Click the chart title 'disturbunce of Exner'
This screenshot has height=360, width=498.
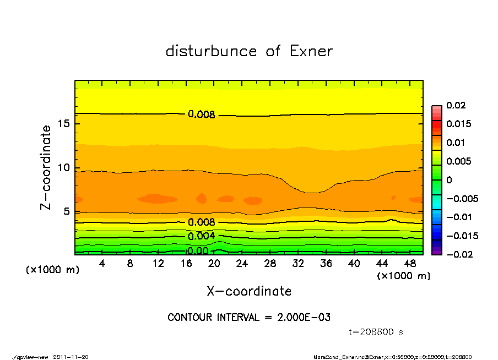[x=249, y=51]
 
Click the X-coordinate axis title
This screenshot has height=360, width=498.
[x=249, y=291]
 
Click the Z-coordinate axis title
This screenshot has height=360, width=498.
[x=46, y=167]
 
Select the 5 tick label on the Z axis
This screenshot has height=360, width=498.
[x=67, y=211]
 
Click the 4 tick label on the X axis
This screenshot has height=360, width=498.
[x=102, y=263]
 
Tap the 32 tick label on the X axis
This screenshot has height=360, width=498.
[x=298, y=263]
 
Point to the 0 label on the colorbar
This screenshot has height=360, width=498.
[x=449, y=180]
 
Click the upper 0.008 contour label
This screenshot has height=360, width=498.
[x=201, y=114]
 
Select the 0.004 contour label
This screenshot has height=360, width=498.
[x=201, y=236]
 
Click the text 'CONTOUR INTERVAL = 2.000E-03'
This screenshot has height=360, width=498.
[x=249, y=318]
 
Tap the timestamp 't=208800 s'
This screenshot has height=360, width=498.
[x=377, y=332]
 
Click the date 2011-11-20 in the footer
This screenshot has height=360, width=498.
[x=71, y=357]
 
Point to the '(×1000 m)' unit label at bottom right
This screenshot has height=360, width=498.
[x=403, y=276]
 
